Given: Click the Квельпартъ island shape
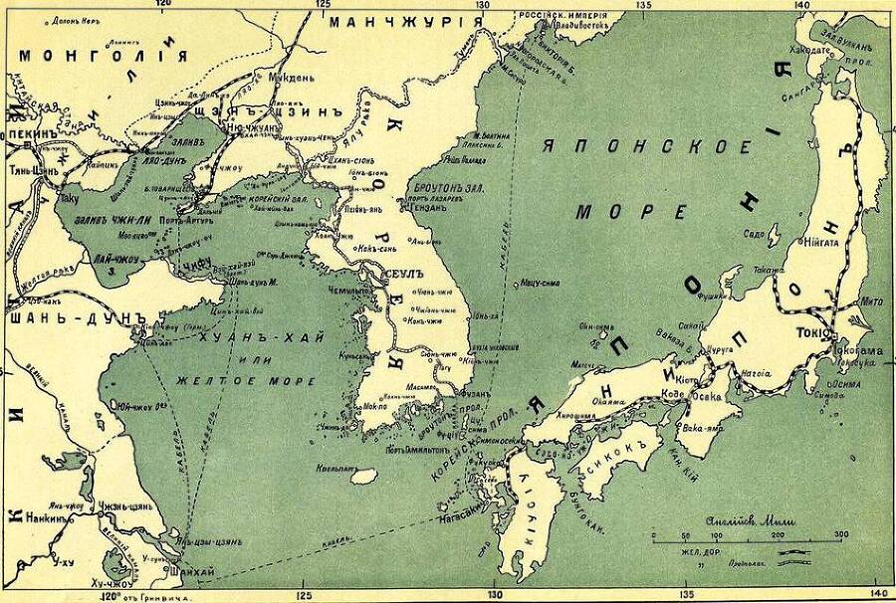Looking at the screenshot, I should (364, 477).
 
